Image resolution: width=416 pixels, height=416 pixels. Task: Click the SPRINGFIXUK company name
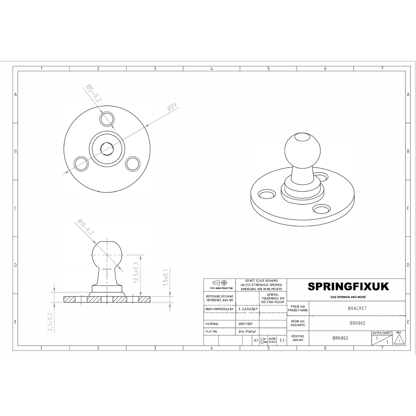click(x=348, y=287)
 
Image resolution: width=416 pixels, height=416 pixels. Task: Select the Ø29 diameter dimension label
click(x=172, y=107)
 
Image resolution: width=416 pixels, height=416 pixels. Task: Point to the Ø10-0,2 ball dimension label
click(x=86, y=227)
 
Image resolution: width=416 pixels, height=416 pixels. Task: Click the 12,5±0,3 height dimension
click(x=136, y=272)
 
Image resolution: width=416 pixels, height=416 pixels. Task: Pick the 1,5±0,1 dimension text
click(x=165, y=278)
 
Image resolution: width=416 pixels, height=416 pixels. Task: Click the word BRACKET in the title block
click(x=357, y=308)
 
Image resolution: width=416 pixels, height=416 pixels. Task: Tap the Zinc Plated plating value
click(x=247, y=331)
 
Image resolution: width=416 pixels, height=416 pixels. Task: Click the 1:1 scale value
click(x=282, y=341)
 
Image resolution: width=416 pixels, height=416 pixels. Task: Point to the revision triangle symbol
click(x=399, y=341)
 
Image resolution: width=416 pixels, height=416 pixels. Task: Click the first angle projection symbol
click(x=220, y=282)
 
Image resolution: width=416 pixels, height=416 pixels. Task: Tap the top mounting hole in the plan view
click(x=107, y=119)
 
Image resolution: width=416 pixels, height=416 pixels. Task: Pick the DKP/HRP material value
click(x=245, y=324)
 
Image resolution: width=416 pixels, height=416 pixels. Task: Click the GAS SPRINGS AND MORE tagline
click(x=348, y=297)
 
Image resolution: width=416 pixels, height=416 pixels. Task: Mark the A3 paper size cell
click(x=256, y=341)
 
